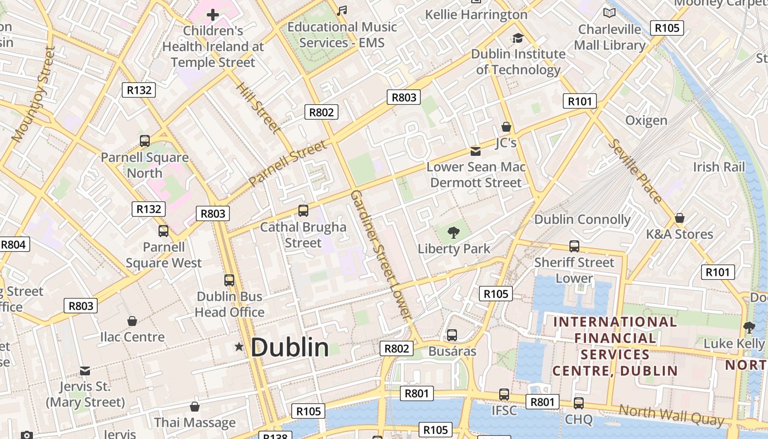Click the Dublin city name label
point(290,347)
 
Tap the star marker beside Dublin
point(239,347)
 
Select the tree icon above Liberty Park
point(453,233)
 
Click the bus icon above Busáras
point(452,335)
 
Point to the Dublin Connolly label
point(582,219)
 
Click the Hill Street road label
point(258,108)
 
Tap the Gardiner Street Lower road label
point(380,255)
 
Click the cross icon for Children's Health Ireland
point(212,15)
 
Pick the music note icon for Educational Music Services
point(342,11)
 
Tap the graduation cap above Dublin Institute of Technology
point(517,38)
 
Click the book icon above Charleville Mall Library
point(609,13)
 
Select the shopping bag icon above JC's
point(506,127)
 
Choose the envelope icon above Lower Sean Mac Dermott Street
point(476,151)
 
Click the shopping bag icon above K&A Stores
point(679,218)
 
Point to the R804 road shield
point(14,244)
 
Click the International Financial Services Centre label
point(614,346)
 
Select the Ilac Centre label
point(132,337)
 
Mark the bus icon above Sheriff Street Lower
point(574,246)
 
